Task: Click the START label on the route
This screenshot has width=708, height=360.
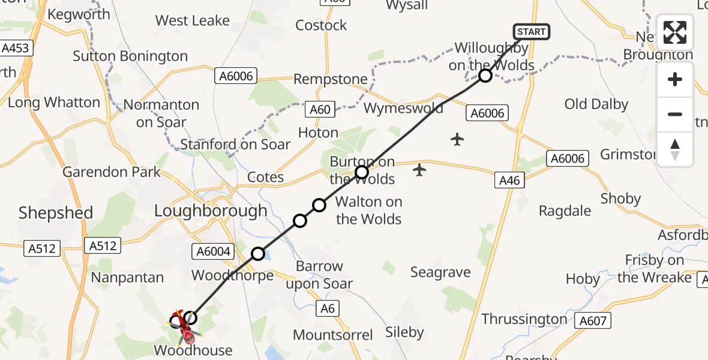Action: coord(531,32)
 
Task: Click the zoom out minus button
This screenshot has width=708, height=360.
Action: coord(675,114)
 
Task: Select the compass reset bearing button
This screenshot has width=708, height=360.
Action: coord(675,149)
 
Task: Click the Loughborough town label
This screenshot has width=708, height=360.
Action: coord(211,211)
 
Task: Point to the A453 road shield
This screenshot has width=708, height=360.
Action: coord(15,48)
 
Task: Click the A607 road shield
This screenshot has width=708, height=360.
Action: coord(592,321)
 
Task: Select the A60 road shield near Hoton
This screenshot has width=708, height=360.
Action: coord(320,109)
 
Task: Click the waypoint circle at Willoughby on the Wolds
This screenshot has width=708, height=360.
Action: coord(485,76)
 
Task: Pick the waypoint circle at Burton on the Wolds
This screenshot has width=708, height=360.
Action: coord(361,173)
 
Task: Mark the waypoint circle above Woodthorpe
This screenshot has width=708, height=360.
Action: coord(258,254)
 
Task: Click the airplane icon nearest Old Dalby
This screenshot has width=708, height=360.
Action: coord(457,140)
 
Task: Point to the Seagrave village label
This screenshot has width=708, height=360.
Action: coord(440,272)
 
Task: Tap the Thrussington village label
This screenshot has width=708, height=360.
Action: coord(524,319)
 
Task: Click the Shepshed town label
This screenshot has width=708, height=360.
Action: coord(56,212)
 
